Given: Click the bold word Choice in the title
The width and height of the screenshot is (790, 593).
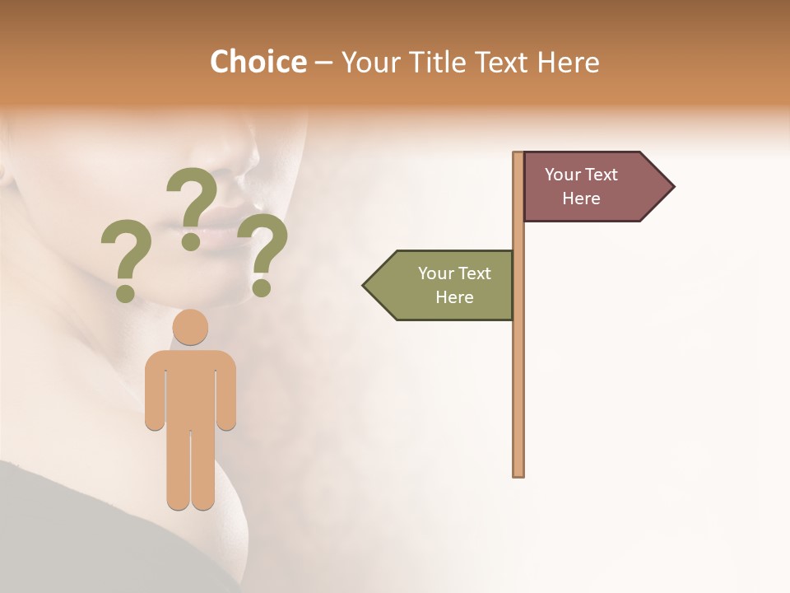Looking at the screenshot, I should [258, 62].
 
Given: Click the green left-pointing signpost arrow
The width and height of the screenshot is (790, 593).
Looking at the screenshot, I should [444, 285].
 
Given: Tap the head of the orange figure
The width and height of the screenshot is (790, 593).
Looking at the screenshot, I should [190, 327].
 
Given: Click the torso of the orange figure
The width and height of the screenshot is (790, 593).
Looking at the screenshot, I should [190, 387].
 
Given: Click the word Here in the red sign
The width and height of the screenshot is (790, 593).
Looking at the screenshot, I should [581, 198].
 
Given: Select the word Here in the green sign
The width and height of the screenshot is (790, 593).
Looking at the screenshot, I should [454, 297].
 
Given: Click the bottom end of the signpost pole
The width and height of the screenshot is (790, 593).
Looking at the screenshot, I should [518, 473].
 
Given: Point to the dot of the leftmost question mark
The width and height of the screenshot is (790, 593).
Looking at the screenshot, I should [125, 292].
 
